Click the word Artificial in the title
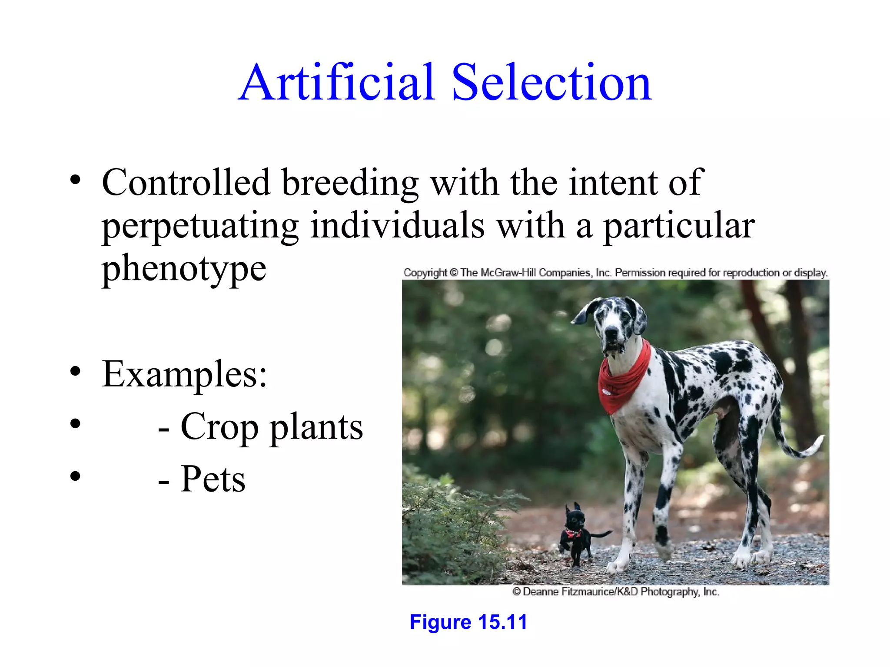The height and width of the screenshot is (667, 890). pyautogui.click(x=337, y=83)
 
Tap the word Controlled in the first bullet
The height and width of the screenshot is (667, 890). pyautogui.click(x=186, y=182)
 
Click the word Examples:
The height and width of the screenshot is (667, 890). pyautogui.click(x=184, y=374)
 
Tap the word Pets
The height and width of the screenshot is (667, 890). pyautogui.click(x=213, y=479)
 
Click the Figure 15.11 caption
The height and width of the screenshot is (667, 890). pyautogui.click(x=468, y=622)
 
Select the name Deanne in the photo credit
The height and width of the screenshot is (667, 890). pyautogui.click(x=541, y=592)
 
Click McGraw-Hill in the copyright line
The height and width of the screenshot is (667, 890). pyautogui.click(x=508, y=273)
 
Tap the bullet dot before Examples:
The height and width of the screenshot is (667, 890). pyautogui.click(x=75, y=372)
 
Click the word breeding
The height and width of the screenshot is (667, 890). pyautogui.click(x=350, y=182)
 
